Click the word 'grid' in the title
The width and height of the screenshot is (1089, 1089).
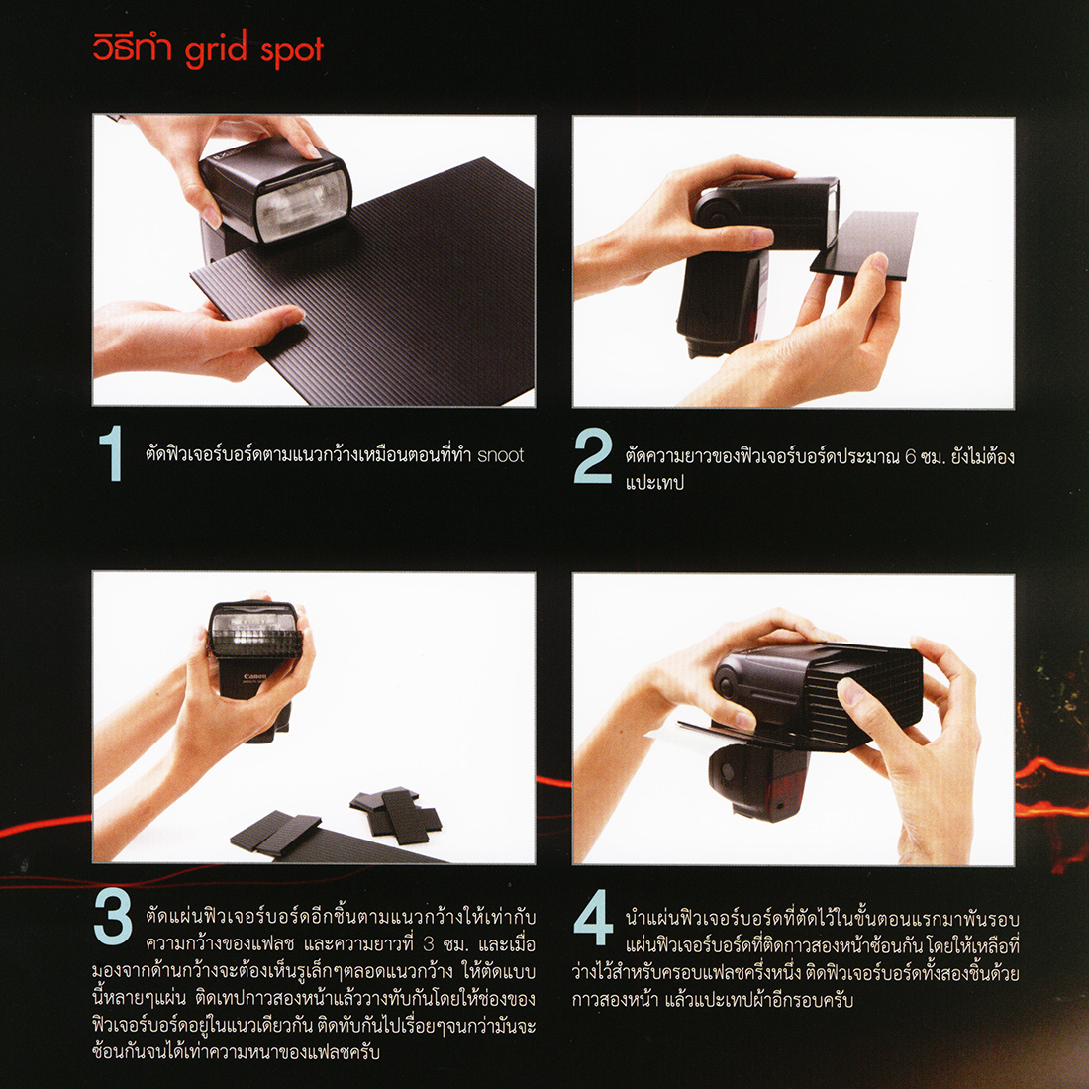[216, 50]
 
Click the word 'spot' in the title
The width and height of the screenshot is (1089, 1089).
[292, 50]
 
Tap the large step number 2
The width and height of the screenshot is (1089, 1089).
[593, 455]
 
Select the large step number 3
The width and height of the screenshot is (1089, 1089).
[113, 918]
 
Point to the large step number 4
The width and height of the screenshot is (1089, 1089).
[594, 918]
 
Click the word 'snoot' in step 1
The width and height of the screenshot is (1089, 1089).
[500, 455]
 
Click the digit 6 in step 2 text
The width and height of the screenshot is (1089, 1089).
[911, 457]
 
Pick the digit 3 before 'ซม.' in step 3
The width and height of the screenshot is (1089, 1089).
[429, 944]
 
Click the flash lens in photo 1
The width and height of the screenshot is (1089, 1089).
[302, 204]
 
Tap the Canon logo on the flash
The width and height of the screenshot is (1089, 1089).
[254, 676]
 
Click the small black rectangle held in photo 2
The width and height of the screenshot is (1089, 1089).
[864, 245]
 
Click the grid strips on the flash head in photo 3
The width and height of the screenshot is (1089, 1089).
[254, 643]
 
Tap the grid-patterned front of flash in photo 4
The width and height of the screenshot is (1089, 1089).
[869, 695]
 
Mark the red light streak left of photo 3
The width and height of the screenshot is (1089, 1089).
[46, 827]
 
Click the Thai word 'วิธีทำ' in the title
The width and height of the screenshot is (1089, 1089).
[133, 49]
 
